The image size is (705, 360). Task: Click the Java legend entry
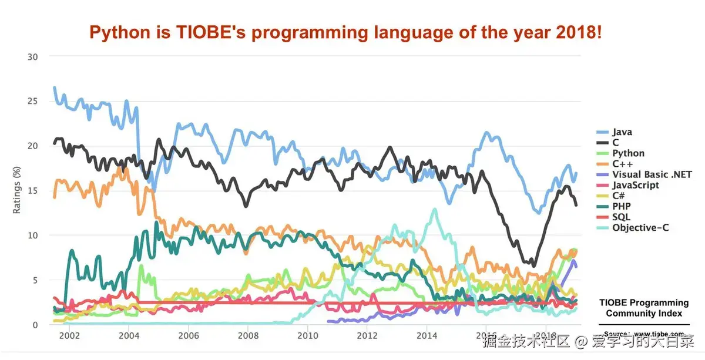(622, 132)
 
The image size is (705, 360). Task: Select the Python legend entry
(627, 153)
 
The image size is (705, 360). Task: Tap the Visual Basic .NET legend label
(643, 174)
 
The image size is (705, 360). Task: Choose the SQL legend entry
(621, 217)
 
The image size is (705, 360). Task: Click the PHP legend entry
(621, 206)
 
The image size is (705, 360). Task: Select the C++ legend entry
(622, 164)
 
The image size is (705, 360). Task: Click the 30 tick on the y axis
(33, 56)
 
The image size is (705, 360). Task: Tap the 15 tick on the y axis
(33, 190)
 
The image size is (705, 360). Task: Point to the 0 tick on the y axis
(35, 325)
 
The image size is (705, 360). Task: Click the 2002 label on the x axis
(69, 336)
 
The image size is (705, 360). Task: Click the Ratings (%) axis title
(18, 190)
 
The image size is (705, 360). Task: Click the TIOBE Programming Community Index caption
(644, 308)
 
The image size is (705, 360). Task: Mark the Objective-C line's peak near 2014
(435, 209)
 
